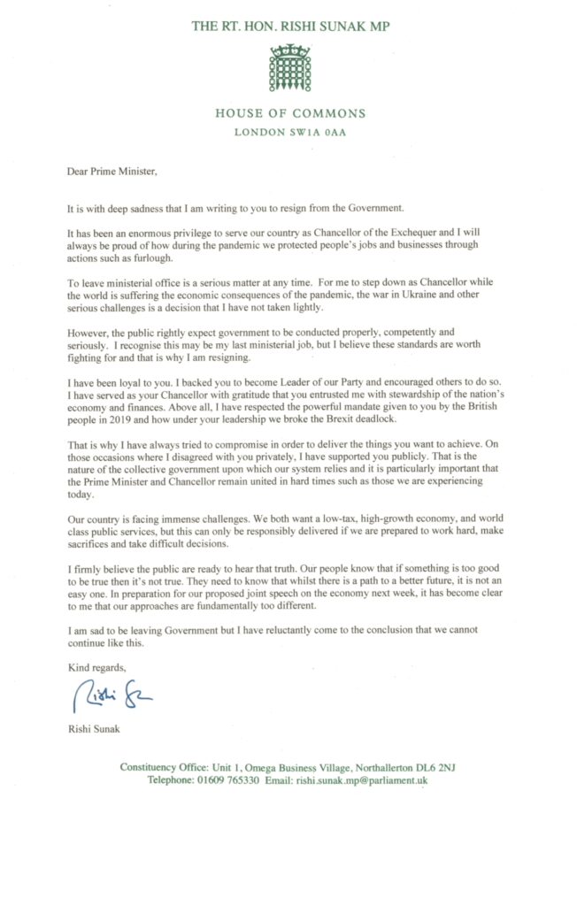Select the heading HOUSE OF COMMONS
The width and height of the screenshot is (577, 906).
(x=289, y=113)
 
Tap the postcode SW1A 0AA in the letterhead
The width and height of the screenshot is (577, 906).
(x=317, y=133)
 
